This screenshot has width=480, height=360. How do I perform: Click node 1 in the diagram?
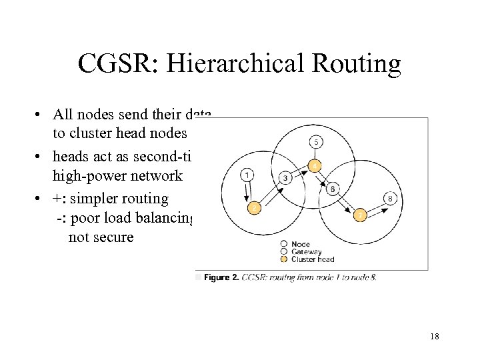[247, 175]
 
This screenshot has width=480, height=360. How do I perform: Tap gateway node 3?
[285, 177]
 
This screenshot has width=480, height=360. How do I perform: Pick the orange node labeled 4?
[315, 165]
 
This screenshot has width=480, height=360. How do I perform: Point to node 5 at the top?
[316, 141]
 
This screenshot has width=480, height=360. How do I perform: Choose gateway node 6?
[333, 189]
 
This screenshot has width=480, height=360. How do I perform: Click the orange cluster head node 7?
[360, 215]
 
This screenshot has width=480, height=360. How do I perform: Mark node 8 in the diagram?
[391, 198]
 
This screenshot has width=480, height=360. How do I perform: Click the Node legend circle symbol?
[285, 244]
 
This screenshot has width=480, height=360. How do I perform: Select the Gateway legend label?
[306, 252]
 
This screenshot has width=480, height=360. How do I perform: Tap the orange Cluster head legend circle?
[285, 259]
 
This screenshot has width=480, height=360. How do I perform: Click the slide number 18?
[435, 337]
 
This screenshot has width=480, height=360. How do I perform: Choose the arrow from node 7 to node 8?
[375, 207]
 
